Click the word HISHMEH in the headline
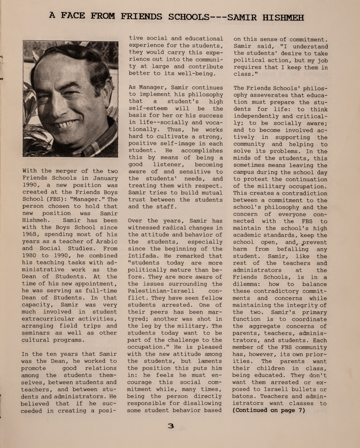point(280,17)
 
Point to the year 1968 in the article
point(31,235)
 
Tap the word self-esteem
point(148,109)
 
